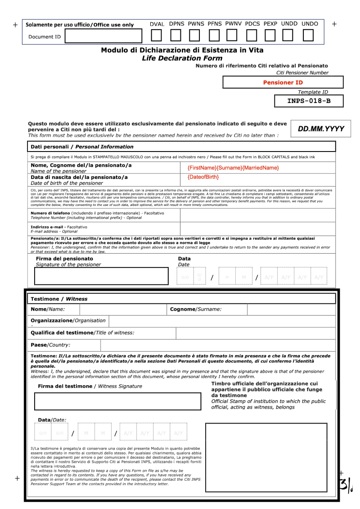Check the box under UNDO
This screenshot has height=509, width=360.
308,35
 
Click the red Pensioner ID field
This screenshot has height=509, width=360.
283,82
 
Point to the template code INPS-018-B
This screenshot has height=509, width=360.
309,101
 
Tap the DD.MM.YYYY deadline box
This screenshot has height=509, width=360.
321,129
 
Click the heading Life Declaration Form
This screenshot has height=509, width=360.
182,58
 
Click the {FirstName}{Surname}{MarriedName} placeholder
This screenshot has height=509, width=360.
233,168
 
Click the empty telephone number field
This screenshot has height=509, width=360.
257,215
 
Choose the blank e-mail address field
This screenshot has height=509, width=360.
257,228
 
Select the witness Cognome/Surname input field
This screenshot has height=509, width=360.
291,309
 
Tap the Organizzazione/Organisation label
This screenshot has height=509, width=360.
68,320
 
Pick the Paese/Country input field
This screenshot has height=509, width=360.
218,345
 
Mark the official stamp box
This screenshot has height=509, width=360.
270,457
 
